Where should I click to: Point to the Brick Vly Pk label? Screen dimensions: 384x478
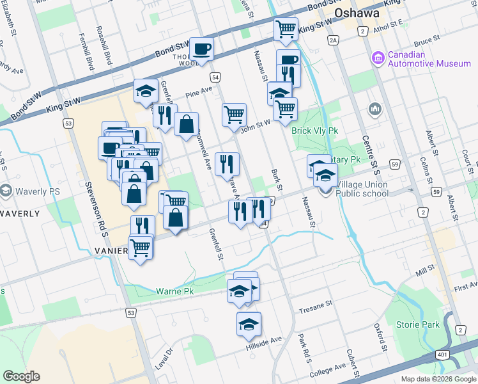(314, 131)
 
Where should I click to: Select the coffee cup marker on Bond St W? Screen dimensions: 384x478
(203, 49)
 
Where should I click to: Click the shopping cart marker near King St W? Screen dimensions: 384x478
(286, 29)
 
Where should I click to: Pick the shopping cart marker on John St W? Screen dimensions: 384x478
(235, 115)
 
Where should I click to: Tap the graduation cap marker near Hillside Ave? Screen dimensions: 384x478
(249, 324)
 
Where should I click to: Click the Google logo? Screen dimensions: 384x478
(21, 376)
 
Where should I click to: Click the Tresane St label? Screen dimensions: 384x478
(316, 303)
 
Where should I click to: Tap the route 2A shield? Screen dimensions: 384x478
(333, 41)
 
